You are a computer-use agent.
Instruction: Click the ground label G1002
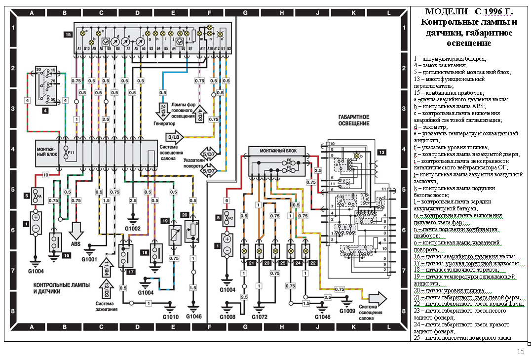133,229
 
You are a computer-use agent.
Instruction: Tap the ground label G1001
90,259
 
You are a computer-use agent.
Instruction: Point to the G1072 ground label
260,316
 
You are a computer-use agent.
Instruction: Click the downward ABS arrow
76,232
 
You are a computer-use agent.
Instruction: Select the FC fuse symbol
227,218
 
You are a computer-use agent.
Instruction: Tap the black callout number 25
283,263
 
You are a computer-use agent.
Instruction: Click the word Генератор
164,123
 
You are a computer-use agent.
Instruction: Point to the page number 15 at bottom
521,352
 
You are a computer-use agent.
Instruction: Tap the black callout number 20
185,215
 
